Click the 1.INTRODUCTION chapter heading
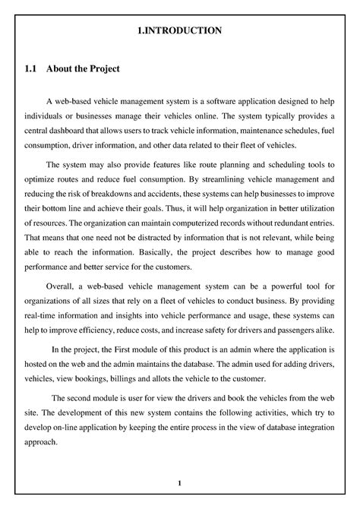click(179, 30)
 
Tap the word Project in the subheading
click(101, 69)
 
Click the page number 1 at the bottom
click(179, 483)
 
